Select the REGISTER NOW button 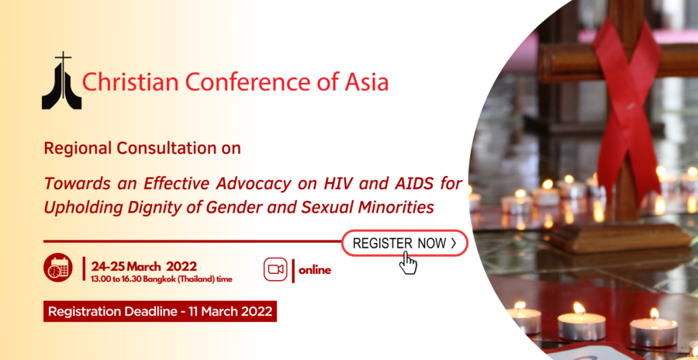tap(405, 243)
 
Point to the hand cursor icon tap(407, 263)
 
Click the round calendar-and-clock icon tap(58, 268)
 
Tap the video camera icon tap(275, 269)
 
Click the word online tap(315, 270)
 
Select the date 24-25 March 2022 tap(143, 266)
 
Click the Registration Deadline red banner tap(161, 311)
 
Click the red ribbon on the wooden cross tap(627, 107)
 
